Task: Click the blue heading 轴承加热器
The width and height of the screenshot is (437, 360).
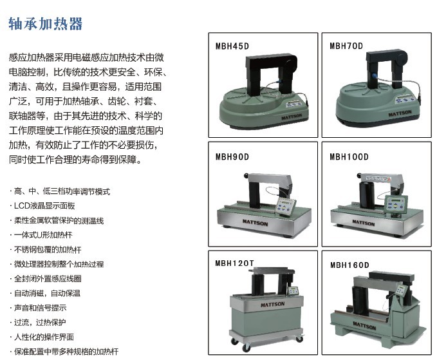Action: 46,24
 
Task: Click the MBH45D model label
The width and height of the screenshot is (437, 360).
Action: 232,46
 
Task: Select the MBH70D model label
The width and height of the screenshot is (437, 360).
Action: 346,46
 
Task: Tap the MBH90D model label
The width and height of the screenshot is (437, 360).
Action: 232,156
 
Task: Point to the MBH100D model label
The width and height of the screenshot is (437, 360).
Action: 349,156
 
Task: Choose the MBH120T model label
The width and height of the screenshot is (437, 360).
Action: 235,263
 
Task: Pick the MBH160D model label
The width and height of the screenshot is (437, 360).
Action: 349,265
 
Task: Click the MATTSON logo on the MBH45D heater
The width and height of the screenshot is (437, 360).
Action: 292,117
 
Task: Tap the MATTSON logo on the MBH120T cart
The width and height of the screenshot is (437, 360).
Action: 273,304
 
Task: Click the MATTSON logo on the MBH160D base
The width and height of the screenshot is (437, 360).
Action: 364,325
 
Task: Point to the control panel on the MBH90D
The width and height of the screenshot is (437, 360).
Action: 285,206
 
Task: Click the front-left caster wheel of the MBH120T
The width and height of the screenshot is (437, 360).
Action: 246,348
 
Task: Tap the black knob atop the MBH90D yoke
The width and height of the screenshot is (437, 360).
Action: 246,176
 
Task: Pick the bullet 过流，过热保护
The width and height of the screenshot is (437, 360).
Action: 37,323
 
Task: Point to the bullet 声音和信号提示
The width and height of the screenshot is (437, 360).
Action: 38,308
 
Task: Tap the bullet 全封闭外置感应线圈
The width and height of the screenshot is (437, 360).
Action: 46,279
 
